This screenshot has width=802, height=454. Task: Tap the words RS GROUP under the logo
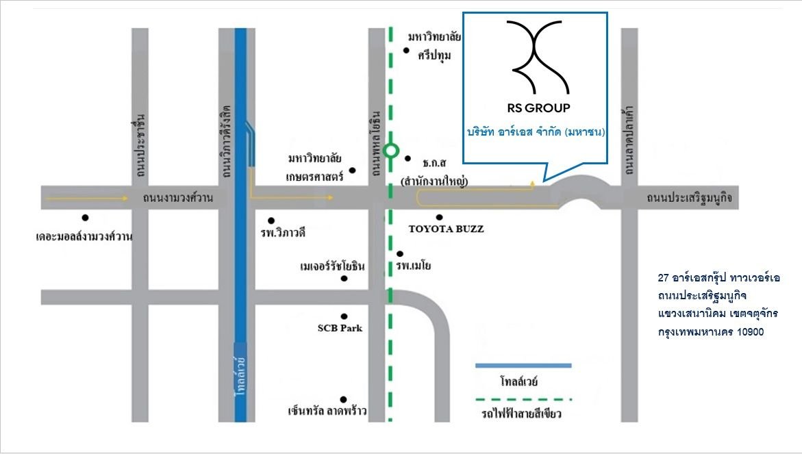538,108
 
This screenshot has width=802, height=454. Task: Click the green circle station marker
391,151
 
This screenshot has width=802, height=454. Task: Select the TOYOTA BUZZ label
446,229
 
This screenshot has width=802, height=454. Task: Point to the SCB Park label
340,328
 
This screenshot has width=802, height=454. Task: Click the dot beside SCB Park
344,316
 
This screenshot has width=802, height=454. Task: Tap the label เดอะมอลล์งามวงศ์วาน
84,236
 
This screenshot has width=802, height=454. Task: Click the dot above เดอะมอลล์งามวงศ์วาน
85,217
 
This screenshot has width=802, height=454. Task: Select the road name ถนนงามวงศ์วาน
177,197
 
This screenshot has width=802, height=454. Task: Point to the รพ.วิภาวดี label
282,233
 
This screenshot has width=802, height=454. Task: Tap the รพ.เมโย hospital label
413,265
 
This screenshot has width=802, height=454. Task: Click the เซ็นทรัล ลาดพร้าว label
327,411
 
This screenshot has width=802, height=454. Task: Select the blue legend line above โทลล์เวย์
523,366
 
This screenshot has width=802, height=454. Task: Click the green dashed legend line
523,399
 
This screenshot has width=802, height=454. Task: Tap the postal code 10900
750,332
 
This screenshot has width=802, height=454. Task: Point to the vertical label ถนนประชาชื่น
140,146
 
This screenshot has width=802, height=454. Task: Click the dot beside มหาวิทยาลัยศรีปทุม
406,50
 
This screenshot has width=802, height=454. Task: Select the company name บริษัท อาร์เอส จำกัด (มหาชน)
536,132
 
